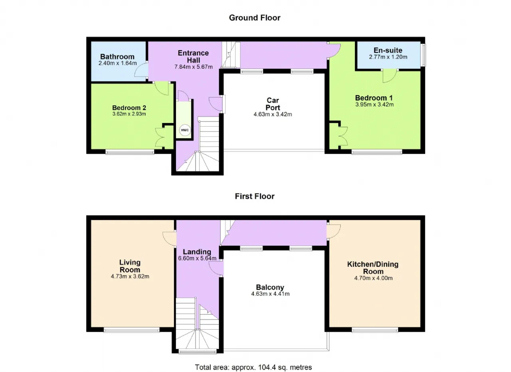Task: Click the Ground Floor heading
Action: (255, 18)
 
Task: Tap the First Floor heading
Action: (255, 196)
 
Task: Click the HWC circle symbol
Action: (185, 130)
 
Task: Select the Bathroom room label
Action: (117, 56)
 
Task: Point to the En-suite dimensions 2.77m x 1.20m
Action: (388, 57)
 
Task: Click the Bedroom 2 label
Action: (129, 107)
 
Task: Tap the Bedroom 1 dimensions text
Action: (374, 105)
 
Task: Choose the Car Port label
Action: (273, 104)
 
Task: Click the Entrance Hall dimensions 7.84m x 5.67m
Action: (194, 67)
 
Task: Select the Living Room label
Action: (130, 266)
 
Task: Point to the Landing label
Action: (197, 252)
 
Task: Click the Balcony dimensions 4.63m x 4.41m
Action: (270, 294)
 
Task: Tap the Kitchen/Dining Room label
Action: (373, 268)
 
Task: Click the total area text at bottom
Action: (253, 367)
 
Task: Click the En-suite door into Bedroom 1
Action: (390, 76)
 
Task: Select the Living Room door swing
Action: (169, 239)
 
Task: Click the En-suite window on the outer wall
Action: (423, 55)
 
